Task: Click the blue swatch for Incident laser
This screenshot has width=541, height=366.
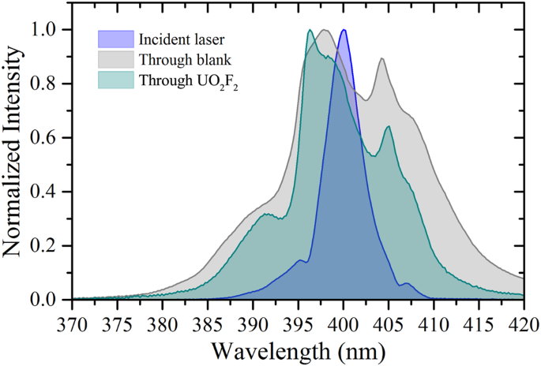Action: coord(114,39)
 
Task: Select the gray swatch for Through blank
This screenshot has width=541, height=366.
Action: coord(114,59)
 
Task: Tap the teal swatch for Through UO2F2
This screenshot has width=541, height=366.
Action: coord(114,80)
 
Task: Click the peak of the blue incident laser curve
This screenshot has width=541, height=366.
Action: coord(344,30)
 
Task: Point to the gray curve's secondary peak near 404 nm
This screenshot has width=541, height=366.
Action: coord(382,58)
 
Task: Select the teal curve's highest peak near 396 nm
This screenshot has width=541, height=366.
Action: coord(310,30)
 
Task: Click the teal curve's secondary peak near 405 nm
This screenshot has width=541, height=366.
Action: coord(389,126)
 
